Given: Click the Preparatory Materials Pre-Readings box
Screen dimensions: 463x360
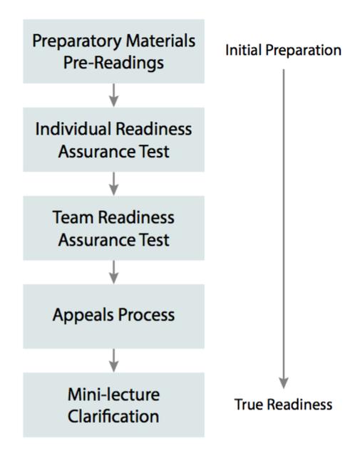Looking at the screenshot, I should (113, 51).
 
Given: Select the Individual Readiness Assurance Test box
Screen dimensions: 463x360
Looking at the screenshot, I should (113, 139).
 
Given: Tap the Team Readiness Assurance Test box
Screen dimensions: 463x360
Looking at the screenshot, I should (113, 228).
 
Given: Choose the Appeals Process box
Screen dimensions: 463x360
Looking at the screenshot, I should (113, 315).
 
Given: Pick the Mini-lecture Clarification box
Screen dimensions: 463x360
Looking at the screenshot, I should (113, 404).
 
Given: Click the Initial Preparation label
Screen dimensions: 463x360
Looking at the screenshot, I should (283, 51).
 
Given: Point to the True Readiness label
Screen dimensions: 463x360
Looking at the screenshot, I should (283, 405).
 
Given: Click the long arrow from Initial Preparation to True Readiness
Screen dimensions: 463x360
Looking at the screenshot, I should (283, 228).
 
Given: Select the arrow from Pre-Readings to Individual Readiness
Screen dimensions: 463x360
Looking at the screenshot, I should (113, 95).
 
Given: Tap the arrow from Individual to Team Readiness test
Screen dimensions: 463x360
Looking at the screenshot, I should (113, 183).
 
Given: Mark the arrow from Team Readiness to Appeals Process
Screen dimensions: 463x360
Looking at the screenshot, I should (113, 271).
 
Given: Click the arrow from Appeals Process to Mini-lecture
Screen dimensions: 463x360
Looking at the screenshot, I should (113, 360).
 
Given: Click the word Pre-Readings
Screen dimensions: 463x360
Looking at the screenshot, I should (114, 63).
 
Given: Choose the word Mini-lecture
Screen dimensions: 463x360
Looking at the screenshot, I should (114, 394).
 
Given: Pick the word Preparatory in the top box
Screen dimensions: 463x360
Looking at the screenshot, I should (71, 40).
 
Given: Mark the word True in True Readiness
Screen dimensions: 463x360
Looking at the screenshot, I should (247, 405).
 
